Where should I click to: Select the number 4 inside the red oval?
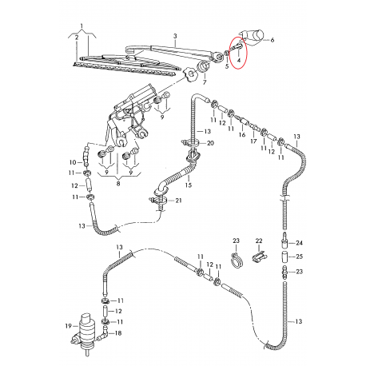238,59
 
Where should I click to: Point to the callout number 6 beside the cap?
272,39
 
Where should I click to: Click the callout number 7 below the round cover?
204,82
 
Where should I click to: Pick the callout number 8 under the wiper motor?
119,182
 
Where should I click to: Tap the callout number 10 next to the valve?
72,162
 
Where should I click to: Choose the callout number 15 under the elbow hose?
189,185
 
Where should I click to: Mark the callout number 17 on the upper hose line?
253,142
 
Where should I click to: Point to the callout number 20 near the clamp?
211,143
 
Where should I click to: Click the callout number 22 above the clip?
258,241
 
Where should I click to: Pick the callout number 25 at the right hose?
300,257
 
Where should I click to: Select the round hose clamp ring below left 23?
235,259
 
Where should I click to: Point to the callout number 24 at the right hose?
300,242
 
